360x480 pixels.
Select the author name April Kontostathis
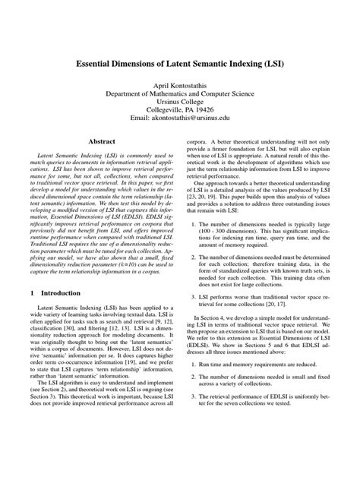[179, 89]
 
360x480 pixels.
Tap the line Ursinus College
[179, 109]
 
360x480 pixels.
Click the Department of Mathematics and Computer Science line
[179, 99]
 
